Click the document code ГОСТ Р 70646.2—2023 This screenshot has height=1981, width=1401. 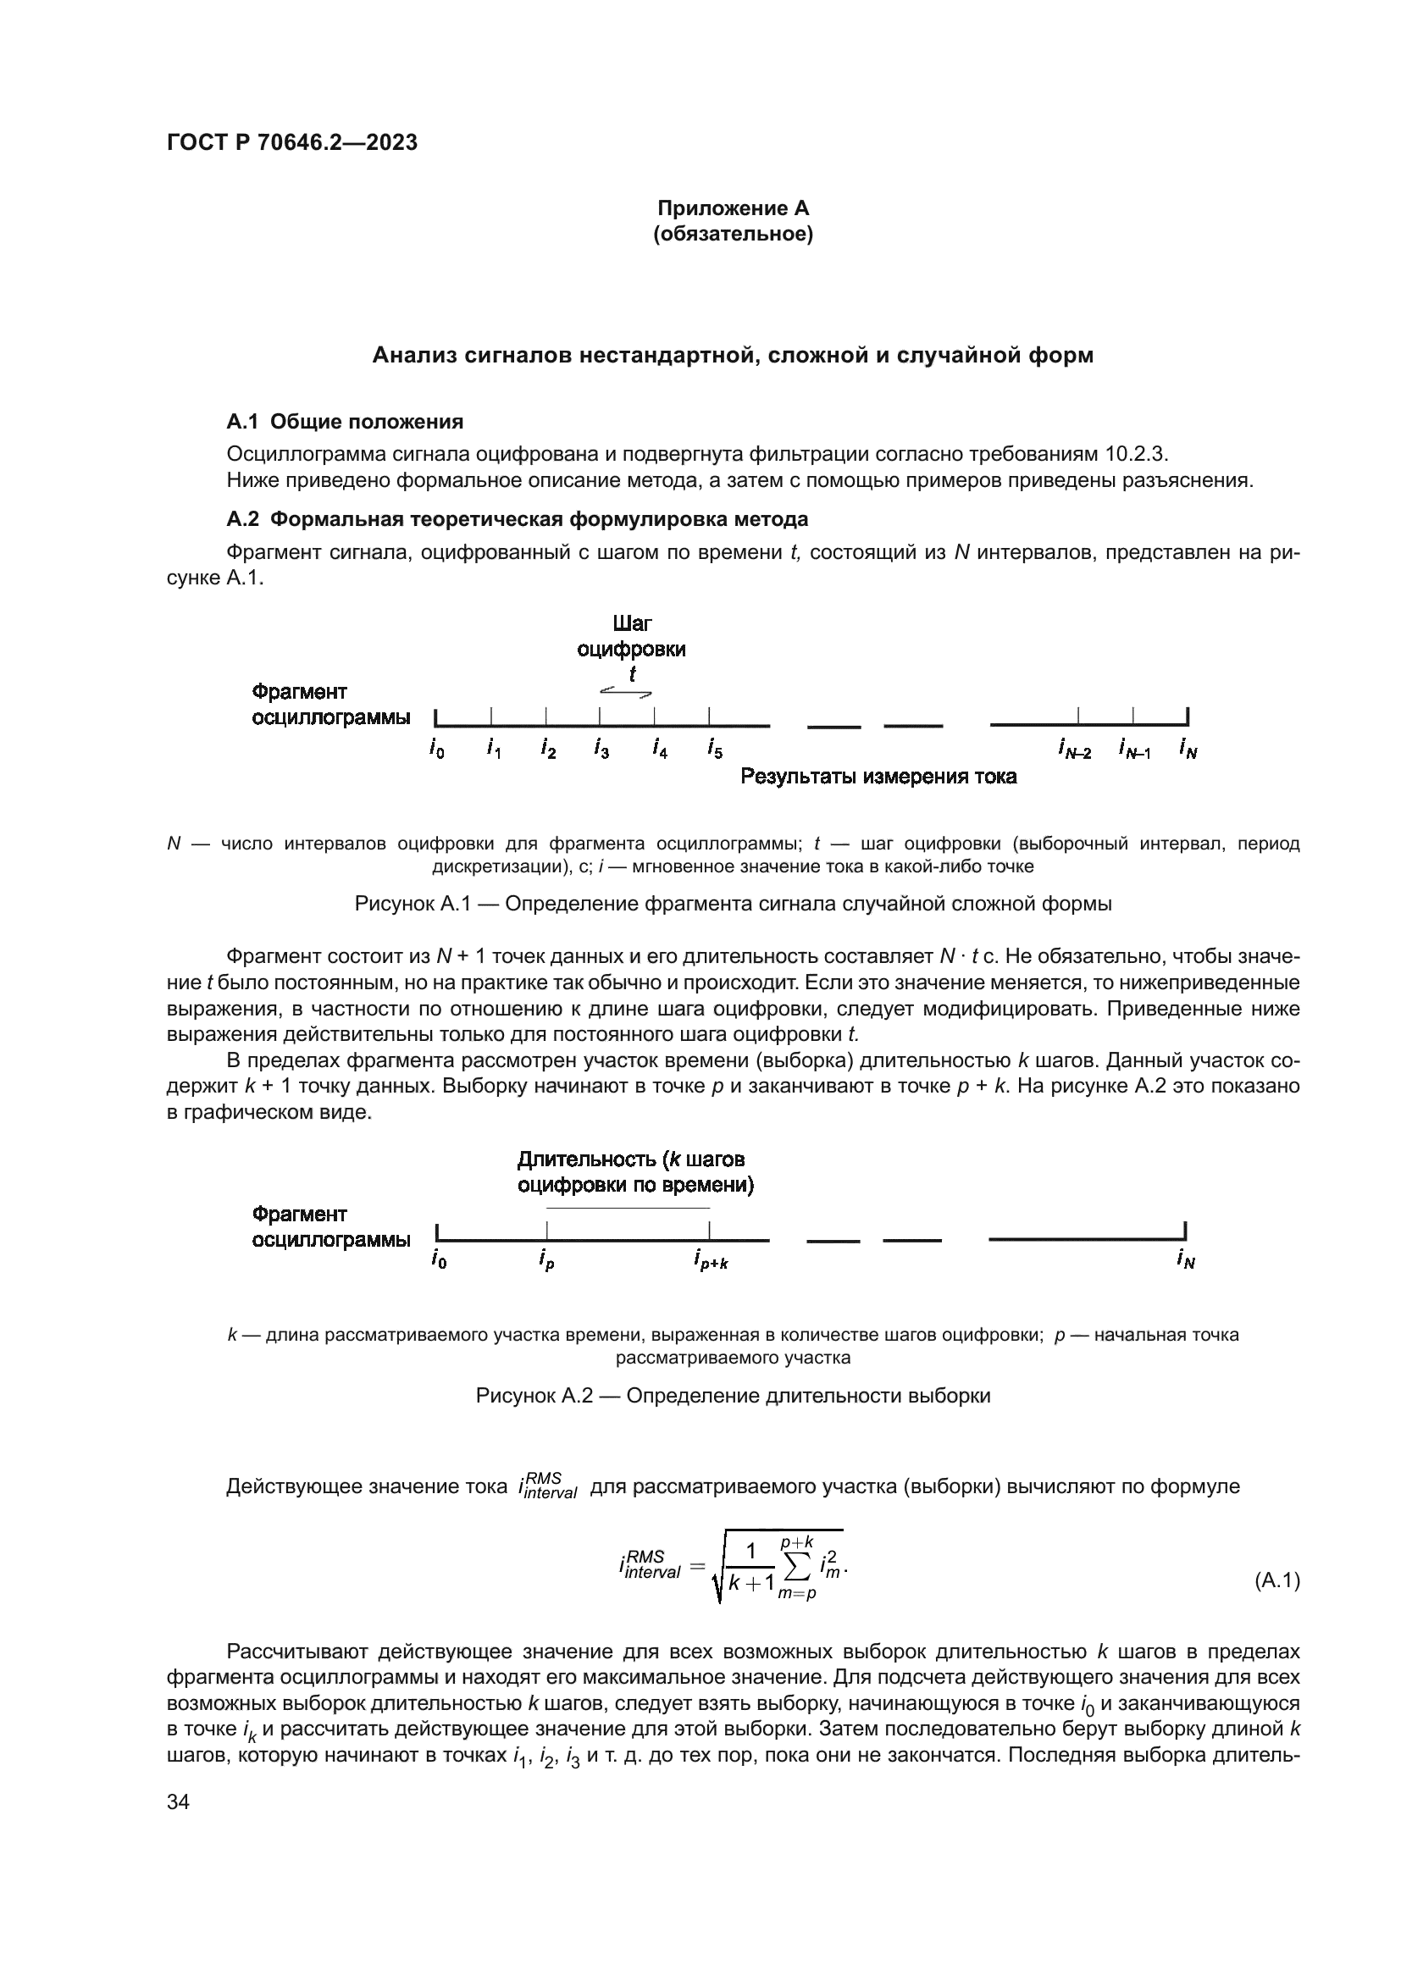(x=291, y=142)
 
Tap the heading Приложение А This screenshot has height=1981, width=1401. (x=733, y=208)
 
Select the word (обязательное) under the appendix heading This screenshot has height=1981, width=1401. (x=733, y=235)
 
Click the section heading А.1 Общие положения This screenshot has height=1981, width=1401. (x=344, y=421)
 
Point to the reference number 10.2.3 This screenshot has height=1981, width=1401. (x=1135, y=454)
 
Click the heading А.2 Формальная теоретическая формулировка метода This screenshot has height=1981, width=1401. (x=517, y=519)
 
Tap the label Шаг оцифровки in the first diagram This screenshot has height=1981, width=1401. (x=632, y=636)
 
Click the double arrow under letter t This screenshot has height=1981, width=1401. (x=626, y=691)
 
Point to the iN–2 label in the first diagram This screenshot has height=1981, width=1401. (x=1075, y=750)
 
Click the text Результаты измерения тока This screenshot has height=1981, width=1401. (x=878, y=777)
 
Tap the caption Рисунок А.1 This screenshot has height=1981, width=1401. (x=733, y=905)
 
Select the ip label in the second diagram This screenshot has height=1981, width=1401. (x=546, y=1260)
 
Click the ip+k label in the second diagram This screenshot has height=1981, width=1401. (x=711, y=1261)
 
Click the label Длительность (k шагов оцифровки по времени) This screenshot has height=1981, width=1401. (x=635, y=1171)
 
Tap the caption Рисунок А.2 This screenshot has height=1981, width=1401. (x=733, y=1396)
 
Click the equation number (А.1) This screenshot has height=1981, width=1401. (x=1276, y=1580)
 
